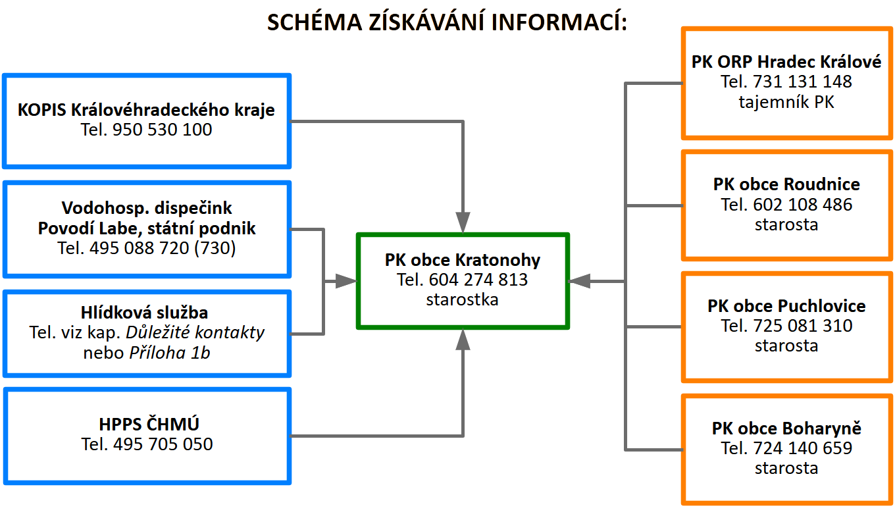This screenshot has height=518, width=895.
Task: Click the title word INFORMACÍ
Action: click(x=559, y=22)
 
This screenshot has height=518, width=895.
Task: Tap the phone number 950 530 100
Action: click(x=162, y=130)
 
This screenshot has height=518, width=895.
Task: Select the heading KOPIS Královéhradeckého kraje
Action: click(x=146, y=110)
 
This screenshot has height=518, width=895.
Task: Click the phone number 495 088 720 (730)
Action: click(x=163, y=247)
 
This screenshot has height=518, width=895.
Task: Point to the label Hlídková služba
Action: click(x=144, y=313)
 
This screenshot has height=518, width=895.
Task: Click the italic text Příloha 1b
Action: click(x=169, y=353)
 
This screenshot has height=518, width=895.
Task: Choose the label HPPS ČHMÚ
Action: click(x=149, y=424)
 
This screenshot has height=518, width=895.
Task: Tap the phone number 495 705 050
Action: click(x=163, y=444)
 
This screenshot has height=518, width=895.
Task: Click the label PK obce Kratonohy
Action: click(x=462, y=260)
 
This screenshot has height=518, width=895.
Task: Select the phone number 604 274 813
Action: click(x=478, y=280)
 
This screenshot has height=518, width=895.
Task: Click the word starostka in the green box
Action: click(x=462, y=299)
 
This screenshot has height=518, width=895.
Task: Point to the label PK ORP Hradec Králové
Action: click(x=786, y=62)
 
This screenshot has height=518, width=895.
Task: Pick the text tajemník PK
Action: click(x=786, y=102)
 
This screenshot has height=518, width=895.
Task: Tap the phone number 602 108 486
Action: click(x=803, y=205)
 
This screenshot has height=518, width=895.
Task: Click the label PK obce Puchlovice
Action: click(x=786, y=306)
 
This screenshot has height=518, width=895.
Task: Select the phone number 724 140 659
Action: click(x=803, y=448)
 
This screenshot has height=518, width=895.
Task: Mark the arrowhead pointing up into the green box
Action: click(x=463, y=340)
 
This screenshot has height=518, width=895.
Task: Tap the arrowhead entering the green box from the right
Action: click(x=579, y=282)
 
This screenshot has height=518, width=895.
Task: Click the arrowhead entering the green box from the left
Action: click(x=346, y=282)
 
